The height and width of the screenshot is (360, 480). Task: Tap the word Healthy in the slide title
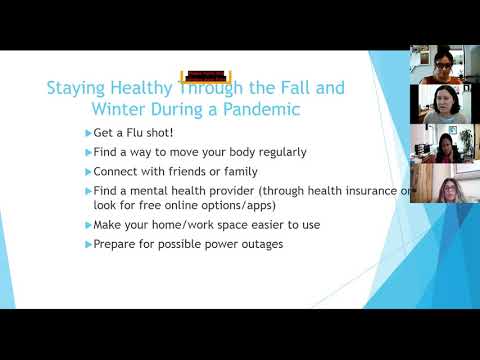(140, 87)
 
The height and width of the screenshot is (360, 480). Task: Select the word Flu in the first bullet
(137, 133)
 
